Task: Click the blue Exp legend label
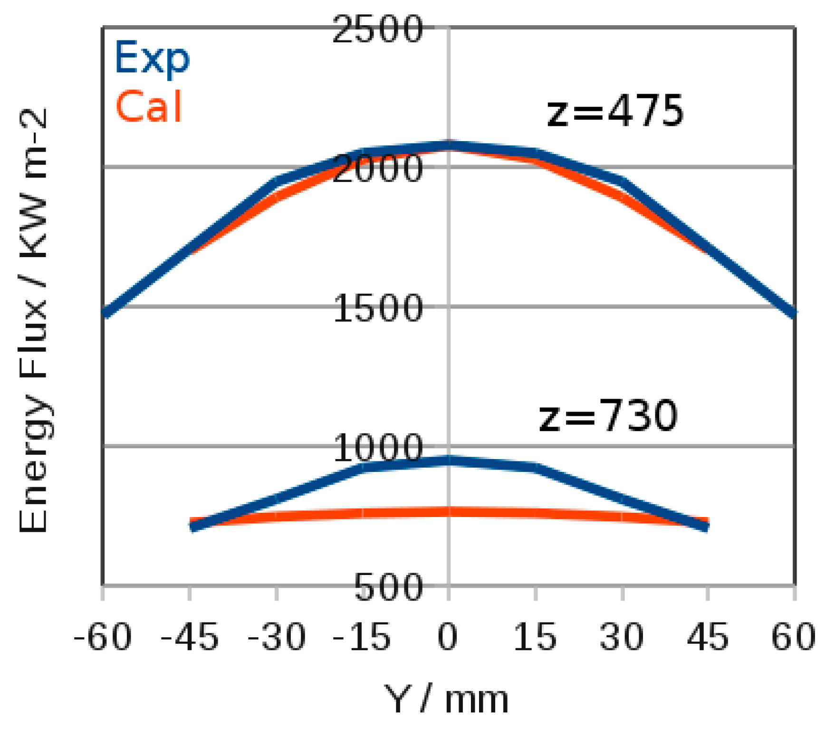coord(152,58)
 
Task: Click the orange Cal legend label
coord(149,107)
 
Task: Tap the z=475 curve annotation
coord(615,112)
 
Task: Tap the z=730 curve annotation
coord(608,416)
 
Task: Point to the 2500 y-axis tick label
coord(377,29)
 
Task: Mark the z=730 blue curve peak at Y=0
coord(449,460)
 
